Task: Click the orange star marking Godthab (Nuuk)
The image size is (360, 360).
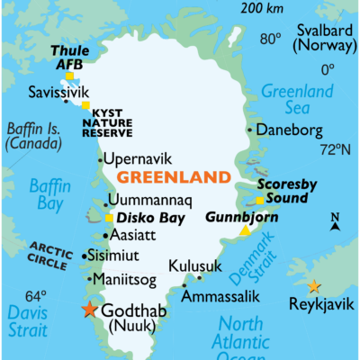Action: point(88,310)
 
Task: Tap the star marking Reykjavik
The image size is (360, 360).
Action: point(313,286)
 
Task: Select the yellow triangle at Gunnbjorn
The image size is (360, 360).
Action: point(245,231)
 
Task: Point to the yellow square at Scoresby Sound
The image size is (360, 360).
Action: point(259,201)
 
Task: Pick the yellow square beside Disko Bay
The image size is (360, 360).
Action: point(109,218)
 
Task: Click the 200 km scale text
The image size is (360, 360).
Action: point(261,8)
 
